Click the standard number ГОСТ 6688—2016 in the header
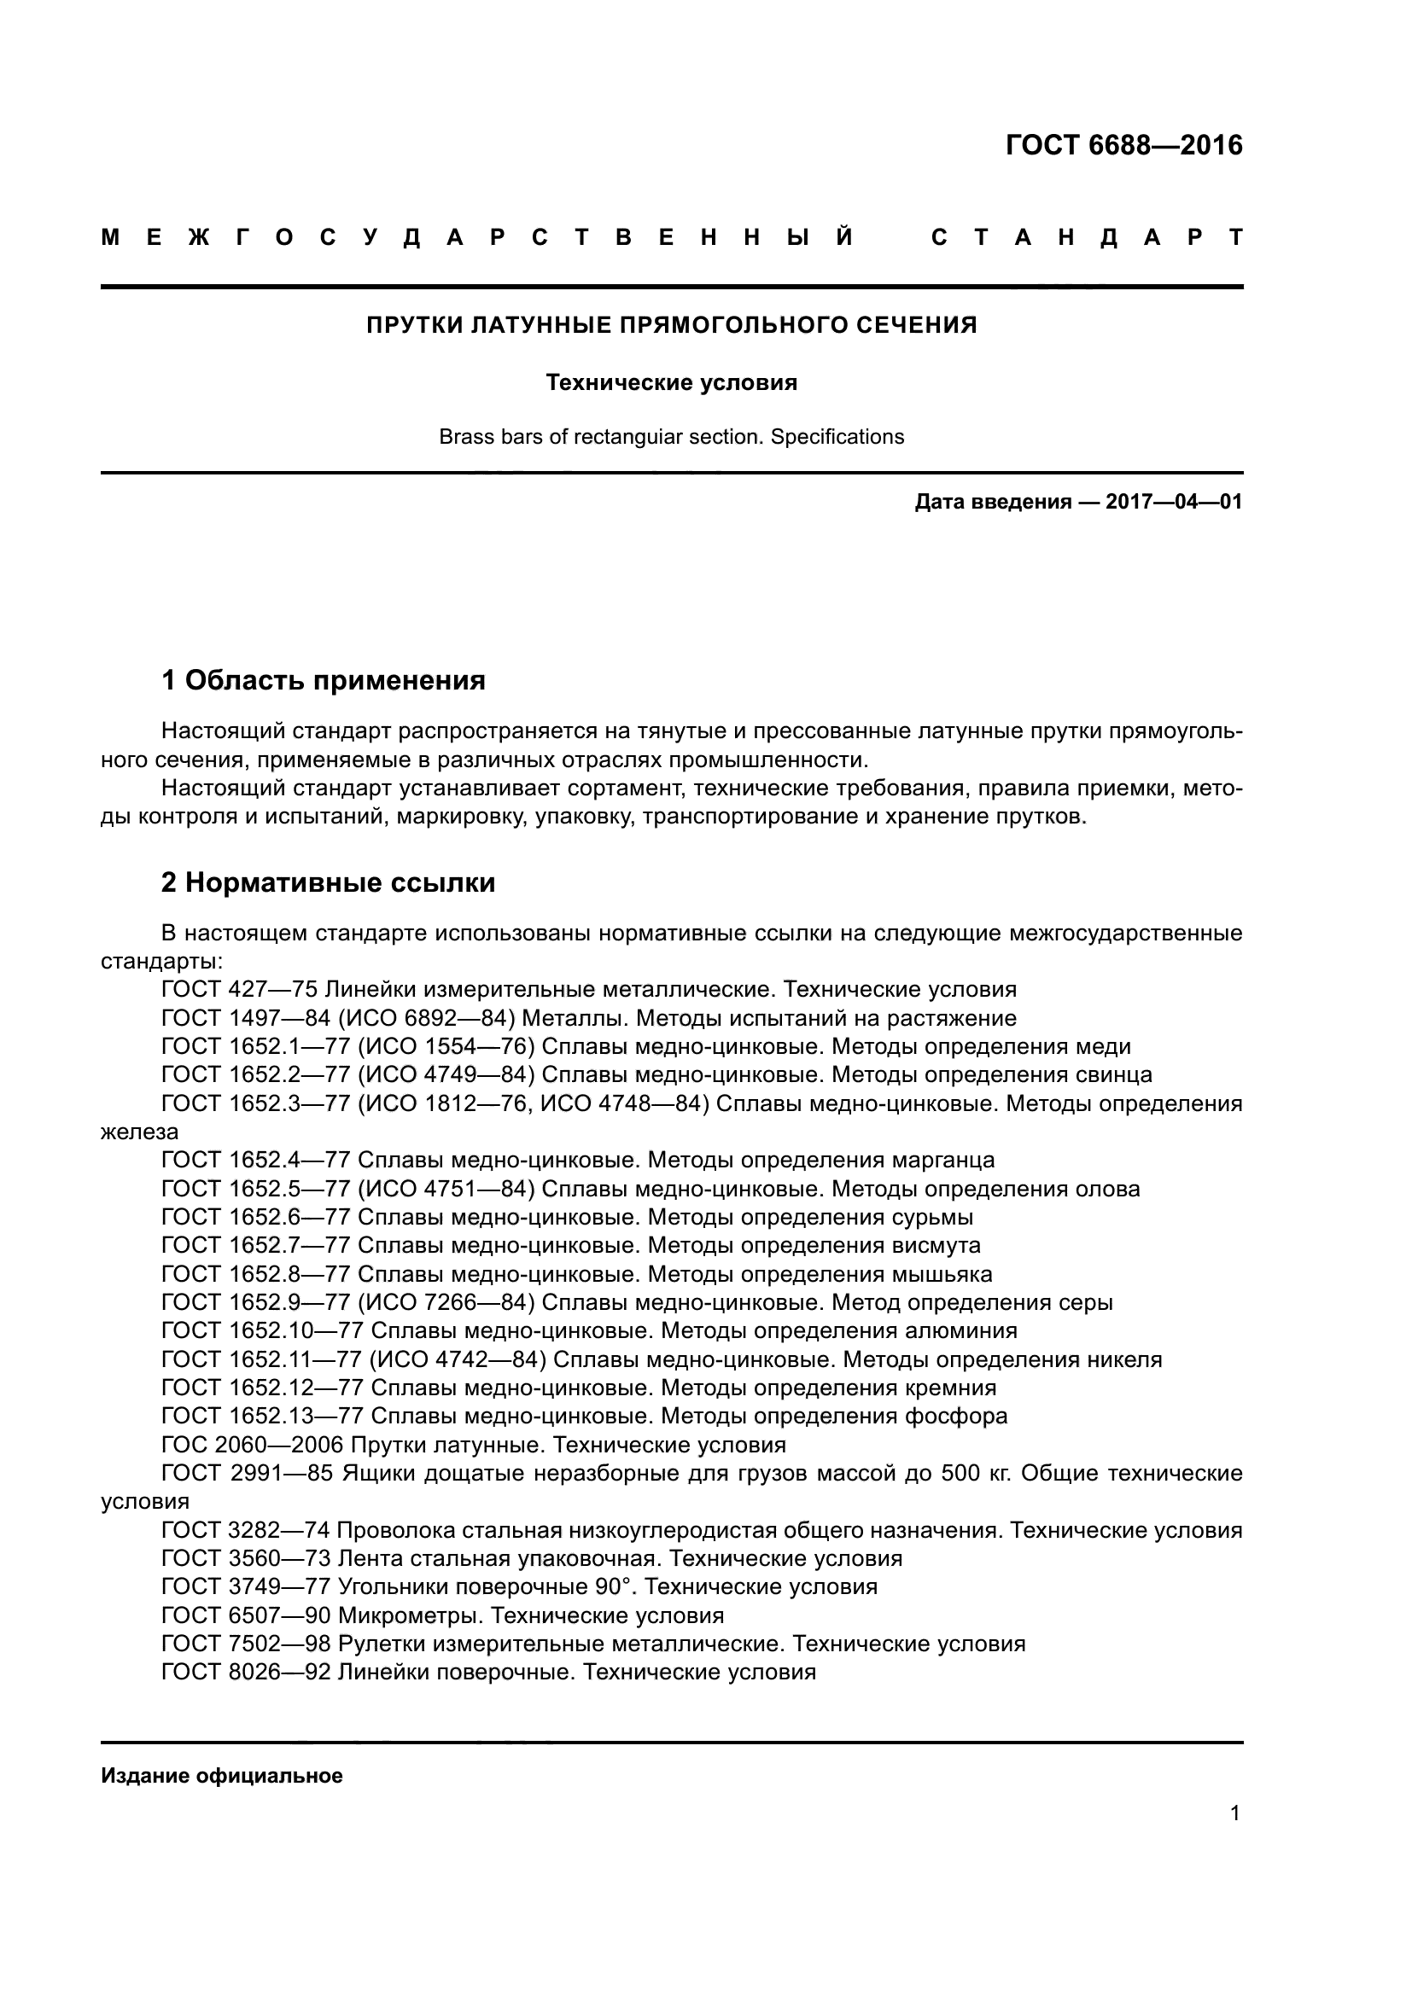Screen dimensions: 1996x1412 coord(1123,145)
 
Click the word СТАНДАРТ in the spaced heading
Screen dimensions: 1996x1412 coord(1087,237)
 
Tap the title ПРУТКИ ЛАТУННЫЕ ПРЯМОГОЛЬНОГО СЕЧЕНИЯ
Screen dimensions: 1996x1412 coord(671,325)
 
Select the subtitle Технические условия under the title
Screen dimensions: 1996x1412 coord(671,382)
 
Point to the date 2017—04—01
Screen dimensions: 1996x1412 coord(1174,502)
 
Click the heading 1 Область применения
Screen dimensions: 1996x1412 coord(324,680)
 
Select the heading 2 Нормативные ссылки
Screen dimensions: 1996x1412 coord(329,882)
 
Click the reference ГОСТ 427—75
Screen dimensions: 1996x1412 coord(239,989)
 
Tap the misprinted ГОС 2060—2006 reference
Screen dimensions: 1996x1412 coord(252,1445)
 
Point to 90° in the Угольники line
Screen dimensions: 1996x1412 coord(611,1586)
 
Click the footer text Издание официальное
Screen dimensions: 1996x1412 coord(222,1775)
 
